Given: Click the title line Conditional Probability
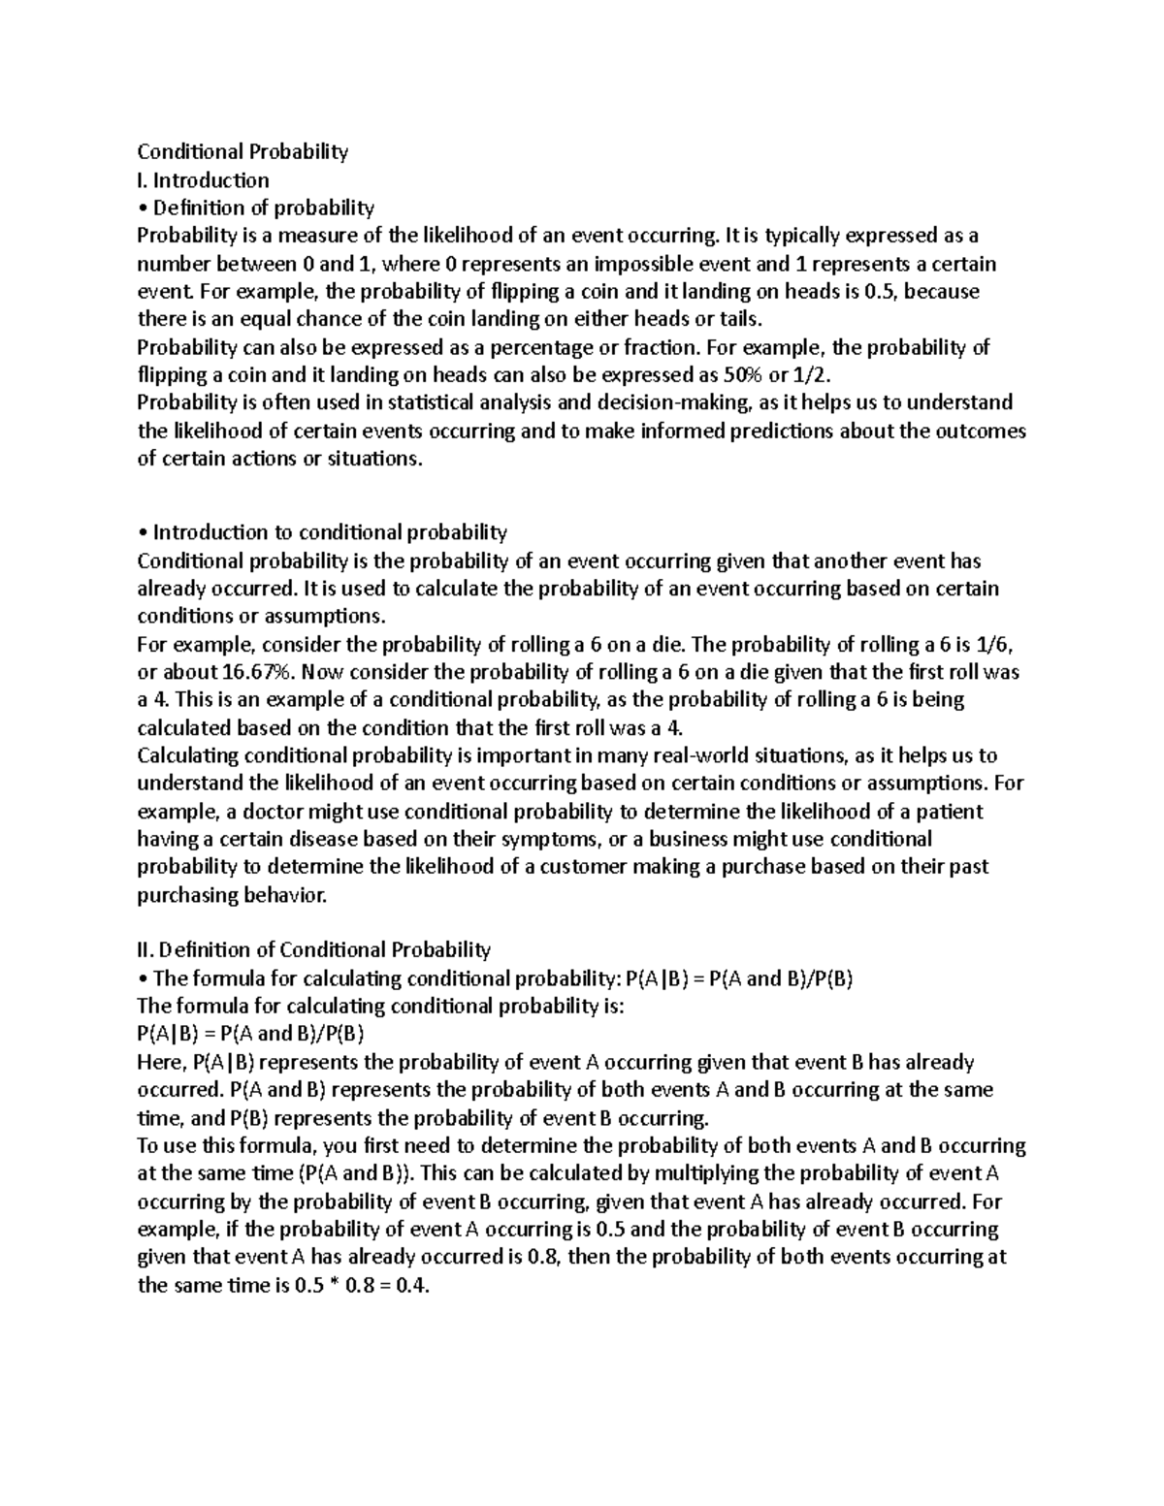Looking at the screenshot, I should tap(242, 151).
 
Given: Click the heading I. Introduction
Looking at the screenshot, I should tap(204, 179).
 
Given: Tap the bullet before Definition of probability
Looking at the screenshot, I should tap(142, 208).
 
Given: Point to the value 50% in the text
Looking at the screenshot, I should tap(743, 375).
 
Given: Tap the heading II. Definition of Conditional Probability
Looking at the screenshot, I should tap(313, 949).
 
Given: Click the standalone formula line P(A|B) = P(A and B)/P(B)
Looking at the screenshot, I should tap(250, 1034).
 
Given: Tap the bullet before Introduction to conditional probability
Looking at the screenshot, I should tap(142, 532).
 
